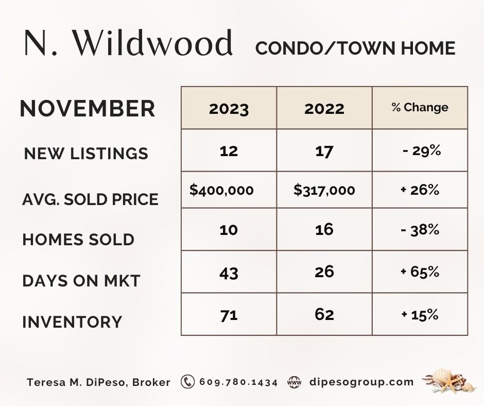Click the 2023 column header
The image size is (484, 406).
229,108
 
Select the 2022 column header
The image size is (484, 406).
324,108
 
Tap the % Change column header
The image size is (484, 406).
420,107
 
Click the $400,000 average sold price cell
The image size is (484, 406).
221,190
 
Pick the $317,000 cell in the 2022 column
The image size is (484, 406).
324,190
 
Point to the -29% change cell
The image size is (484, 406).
422,151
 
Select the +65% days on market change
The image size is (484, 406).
420,272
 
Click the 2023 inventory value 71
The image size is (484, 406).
229,315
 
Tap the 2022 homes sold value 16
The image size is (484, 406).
324,230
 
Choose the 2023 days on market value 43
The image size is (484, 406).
229,273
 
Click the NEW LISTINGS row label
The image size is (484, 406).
86,153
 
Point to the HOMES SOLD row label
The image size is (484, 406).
78,240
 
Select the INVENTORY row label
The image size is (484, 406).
72,322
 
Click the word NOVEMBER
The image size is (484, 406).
88,108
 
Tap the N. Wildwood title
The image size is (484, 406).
128,43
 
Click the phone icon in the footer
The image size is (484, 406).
187,382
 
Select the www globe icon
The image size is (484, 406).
294,382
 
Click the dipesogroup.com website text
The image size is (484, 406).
361,382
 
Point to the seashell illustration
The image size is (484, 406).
446,381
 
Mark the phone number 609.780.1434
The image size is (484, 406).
238,382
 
